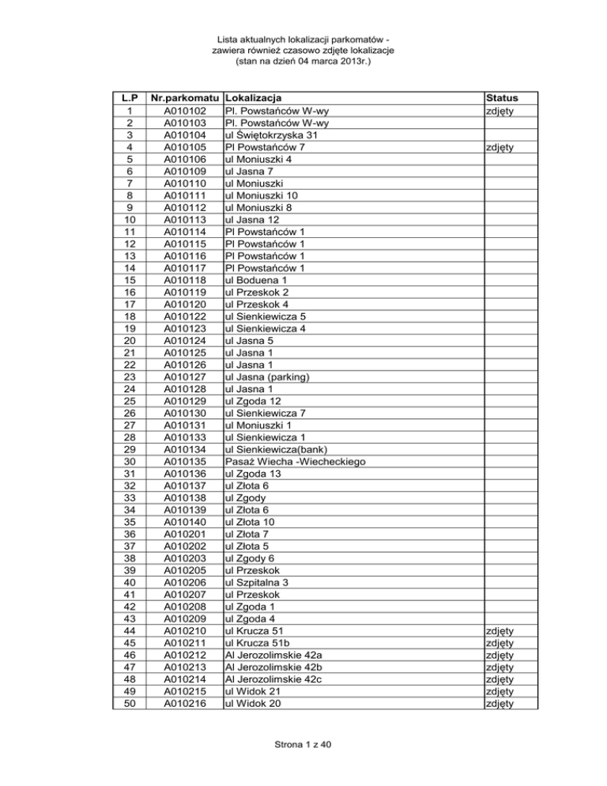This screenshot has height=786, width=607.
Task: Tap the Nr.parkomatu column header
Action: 186,99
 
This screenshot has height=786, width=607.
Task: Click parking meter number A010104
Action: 186,134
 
